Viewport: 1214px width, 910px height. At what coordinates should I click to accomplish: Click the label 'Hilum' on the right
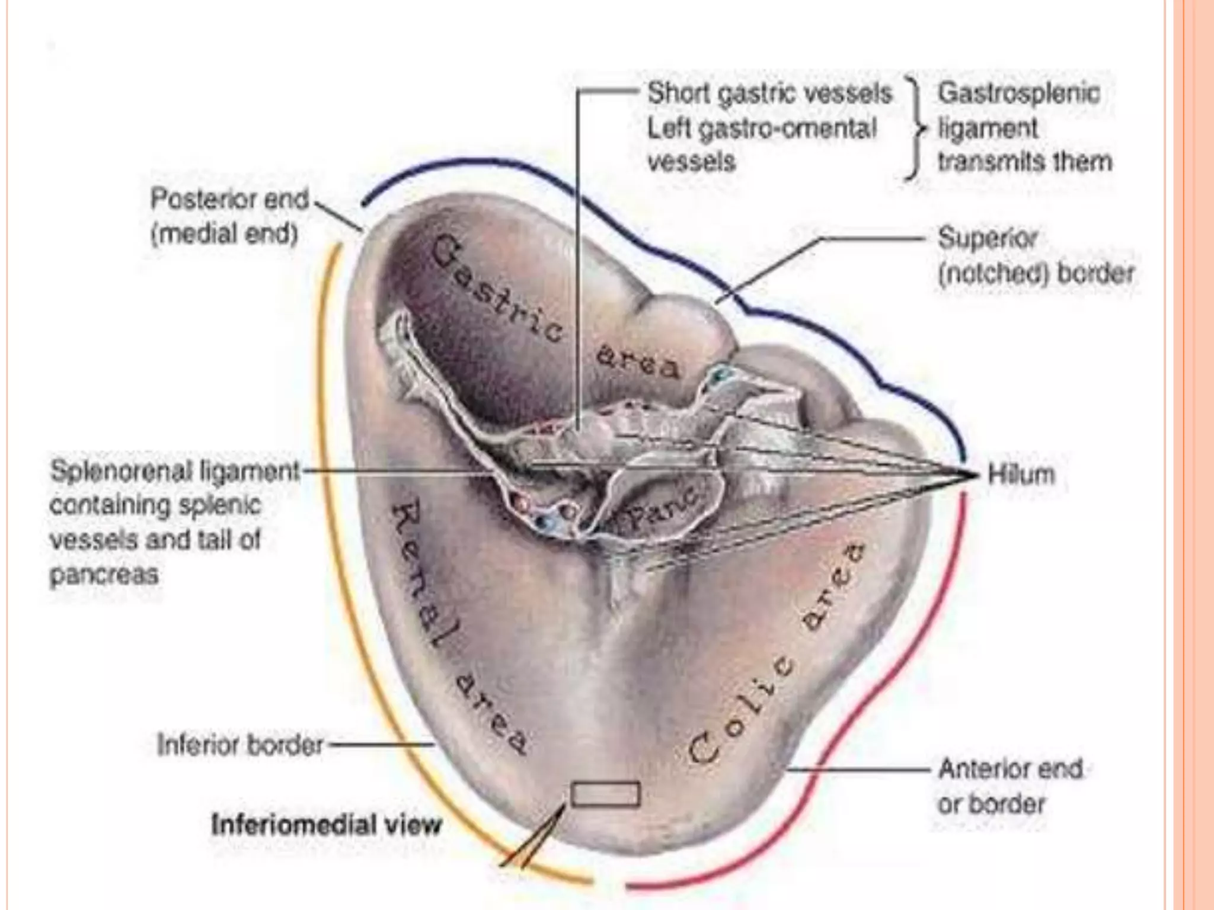1021,475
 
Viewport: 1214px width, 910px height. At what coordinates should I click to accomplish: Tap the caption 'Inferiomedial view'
327,824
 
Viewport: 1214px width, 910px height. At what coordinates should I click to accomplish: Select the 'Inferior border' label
240,745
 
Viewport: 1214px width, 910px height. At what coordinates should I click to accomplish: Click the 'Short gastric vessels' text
769,94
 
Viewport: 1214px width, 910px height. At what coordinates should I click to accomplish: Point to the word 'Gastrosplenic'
1018,94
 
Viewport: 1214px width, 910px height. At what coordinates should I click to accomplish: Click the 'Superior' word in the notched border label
988,239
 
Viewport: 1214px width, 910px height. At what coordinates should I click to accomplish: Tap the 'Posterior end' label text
230,200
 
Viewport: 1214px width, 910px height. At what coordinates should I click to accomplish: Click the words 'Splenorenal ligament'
175,472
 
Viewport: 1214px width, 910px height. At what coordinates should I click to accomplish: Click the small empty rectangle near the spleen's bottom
605,794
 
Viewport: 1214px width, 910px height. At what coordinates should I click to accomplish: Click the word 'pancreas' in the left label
104,575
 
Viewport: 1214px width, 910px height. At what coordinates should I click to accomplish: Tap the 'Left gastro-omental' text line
762,128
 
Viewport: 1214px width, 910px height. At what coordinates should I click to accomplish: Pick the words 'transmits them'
1024,162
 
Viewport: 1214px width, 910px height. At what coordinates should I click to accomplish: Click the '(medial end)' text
224,235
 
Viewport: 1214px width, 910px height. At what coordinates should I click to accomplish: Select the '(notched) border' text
1036,274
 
